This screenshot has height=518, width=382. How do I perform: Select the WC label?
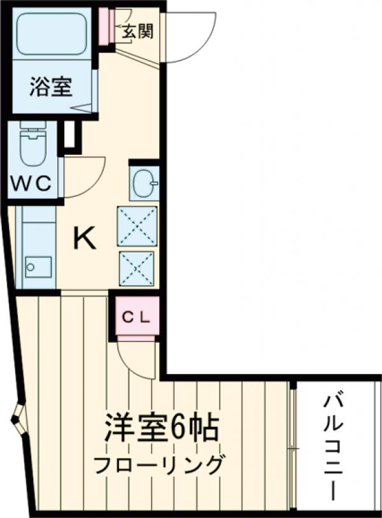[32, 183]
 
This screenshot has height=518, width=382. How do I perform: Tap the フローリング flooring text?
[159, 464]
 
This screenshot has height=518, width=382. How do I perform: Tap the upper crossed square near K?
[137, 226]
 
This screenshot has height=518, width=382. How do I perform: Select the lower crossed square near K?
[137, 268]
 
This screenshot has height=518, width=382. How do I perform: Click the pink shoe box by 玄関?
[105, 26]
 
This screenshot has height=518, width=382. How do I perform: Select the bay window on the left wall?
[18, 420]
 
